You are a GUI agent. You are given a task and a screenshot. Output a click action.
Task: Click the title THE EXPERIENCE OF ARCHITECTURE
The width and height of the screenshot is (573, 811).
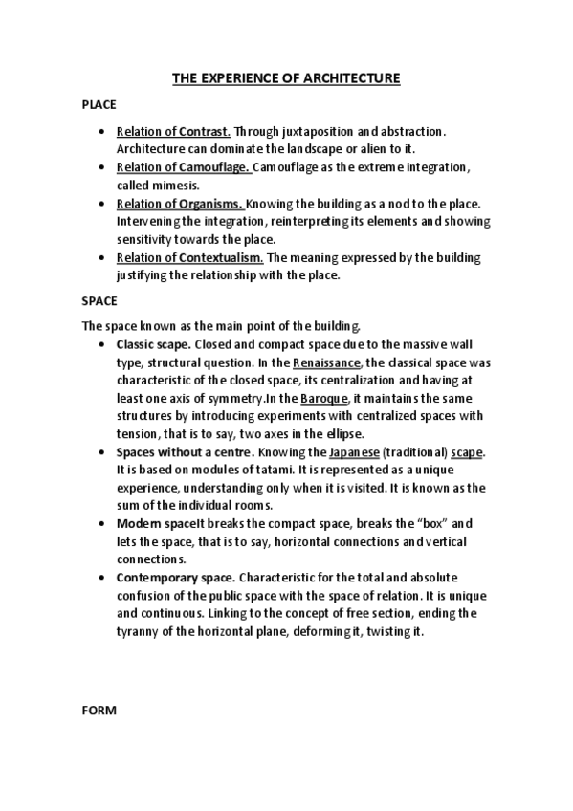tap(286, 78)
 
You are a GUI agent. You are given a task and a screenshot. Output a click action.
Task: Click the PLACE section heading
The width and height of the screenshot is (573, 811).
tap(99, 105)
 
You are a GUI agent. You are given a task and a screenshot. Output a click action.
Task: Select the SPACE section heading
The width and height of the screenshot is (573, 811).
tap(99, 300)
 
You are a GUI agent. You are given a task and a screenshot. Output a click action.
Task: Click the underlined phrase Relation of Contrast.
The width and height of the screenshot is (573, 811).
tap(173, 131)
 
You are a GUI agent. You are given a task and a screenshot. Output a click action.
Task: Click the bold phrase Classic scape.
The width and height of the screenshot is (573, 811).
tap(153, 344)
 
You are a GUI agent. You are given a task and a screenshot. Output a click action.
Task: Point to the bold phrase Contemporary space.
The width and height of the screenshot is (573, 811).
tap(175, 579)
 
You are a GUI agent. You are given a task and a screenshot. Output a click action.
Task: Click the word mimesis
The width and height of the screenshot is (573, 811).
tap(171, 186)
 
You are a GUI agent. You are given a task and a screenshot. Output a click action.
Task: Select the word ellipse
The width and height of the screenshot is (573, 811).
tap(342, 434)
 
